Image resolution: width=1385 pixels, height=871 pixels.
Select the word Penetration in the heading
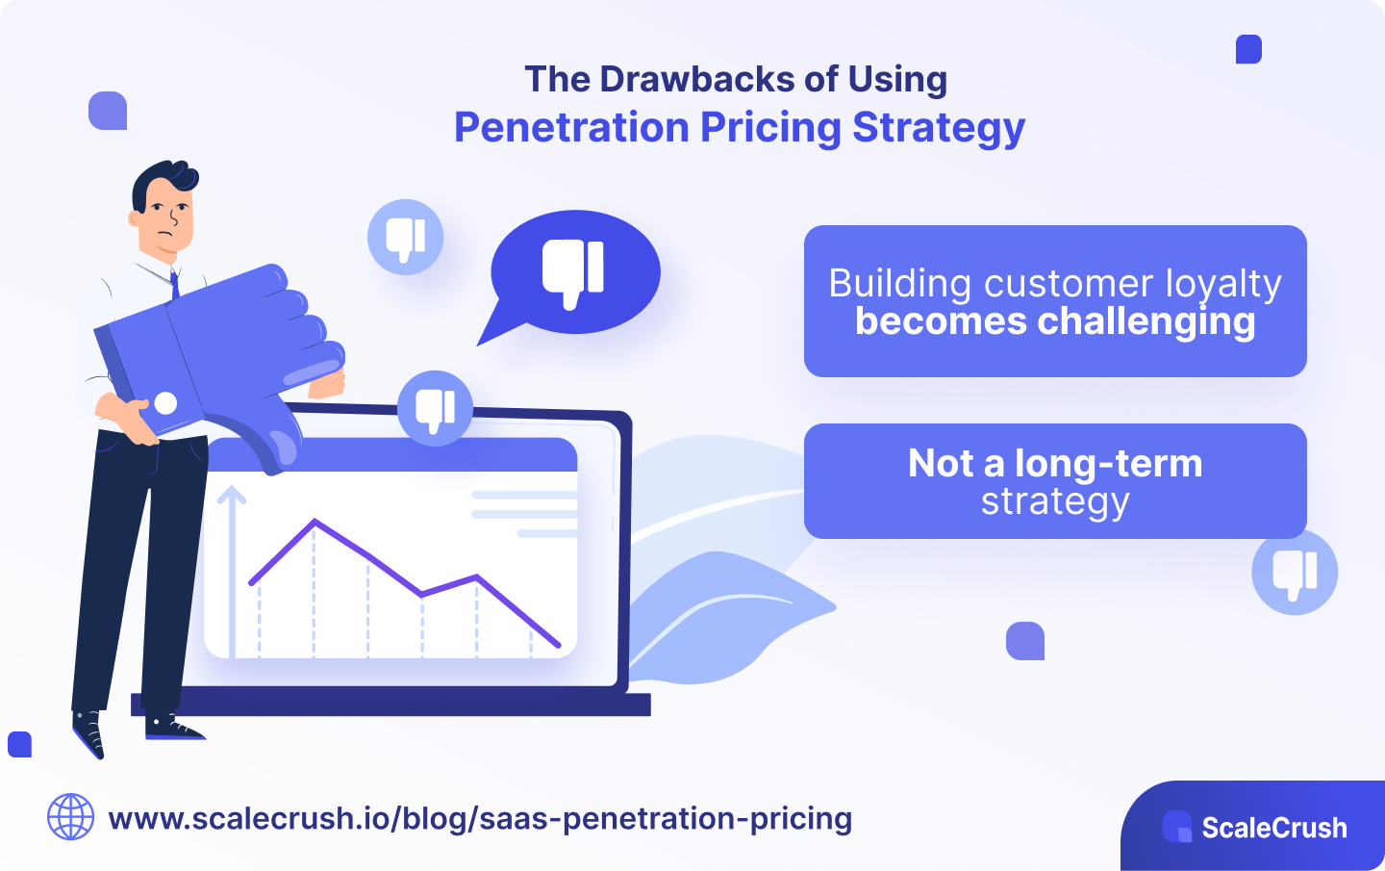[x=570, y=127]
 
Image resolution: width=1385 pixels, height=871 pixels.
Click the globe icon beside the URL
[x=71, y=817]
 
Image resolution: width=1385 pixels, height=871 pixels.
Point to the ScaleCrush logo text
[x=1273, y=828]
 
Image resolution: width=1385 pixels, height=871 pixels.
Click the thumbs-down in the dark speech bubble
[x=574, y=272]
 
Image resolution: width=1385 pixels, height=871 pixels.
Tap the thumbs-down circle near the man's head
[x=406, y=238]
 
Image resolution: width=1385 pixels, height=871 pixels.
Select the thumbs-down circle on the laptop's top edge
[x=435, y=408]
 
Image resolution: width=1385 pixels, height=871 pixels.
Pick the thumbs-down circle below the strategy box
[x=1295, y=572]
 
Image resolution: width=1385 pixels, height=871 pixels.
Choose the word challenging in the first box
[x=1145, y=321]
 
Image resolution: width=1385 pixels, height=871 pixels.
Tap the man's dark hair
[x=164, y=177]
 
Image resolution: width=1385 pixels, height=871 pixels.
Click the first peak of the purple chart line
[x=315, y=521]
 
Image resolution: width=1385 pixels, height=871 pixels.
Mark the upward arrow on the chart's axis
[x=232, y=497]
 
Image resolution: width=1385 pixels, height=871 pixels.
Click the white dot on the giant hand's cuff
[x=165, y=403]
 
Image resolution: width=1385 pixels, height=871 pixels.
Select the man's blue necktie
[x=175, y=284]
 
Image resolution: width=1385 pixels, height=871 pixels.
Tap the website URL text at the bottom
[x=480, y=818]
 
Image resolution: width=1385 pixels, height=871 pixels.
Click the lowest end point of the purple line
[x=559, y=646]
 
